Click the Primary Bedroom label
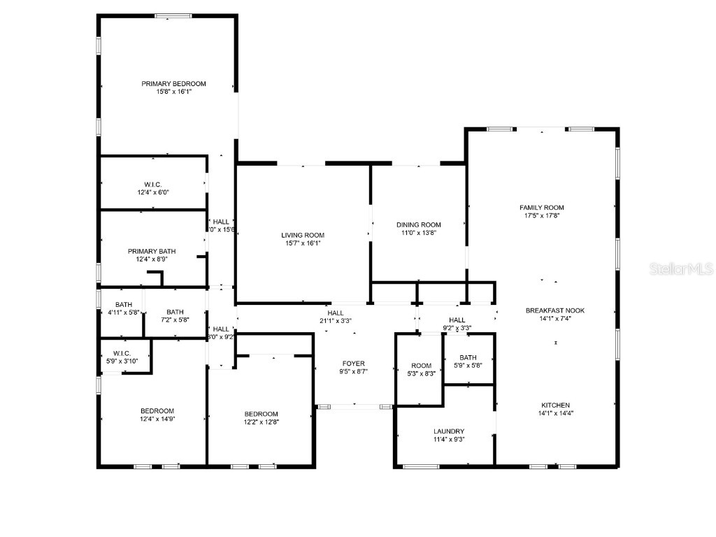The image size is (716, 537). click(173, 84)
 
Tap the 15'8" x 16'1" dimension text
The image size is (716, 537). click(173, 92)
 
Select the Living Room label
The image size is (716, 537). click(303, 235)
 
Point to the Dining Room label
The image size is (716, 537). click(418, 224)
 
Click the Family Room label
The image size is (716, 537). click(541, 208)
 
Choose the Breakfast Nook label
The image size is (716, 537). click(555, 310)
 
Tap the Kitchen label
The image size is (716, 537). click(555, 406)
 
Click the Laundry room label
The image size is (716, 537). click(448, 431)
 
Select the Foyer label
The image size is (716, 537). click(353, 364)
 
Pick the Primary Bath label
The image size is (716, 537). click(152, 251)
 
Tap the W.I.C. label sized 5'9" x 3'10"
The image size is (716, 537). click(122, 353)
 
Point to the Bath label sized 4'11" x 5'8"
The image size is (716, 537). click(124, 305)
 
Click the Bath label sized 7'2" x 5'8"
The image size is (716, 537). click(175, 313)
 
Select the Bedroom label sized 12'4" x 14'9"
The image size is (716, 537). click(157, 411)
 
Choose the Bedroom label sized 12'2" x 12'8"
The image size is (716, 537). click(261, 414)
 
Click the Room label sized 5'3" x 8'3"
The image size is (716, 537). click(421, 366)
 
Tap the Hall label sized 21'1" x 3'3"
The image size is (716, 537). click(336, 313)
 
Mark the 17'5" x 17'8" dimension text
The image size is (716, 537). click(541, 216)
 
